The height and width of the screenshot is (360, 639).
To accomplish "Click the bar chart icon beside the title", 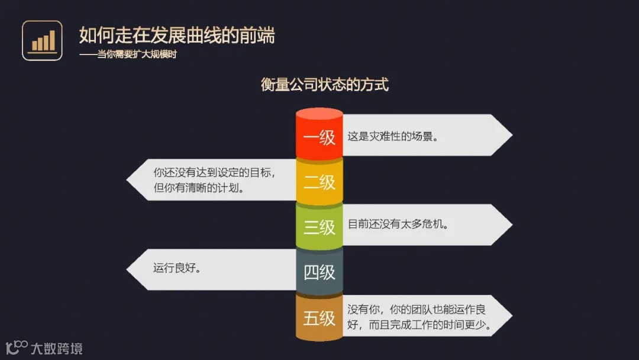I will [x=42, y=40].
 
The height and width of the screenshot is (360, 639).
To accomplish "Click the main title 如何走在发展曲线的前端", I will [x=177, y=35].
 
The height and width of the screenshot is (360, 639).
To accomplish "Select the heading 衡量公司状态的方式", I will [x=324, y=84].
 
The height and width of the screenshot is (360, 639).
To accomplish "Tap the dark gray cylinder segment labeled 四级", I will [x=319, y=272].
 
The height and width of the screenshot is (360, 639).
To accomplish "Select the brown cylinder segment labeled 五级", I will [x=319, y=319].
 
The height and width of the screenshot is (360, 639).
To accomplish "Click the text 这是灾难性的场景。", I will [x=393, y=136].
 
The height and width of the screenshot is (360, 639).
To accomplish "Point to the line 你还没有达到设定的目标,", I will [x=215, y=173].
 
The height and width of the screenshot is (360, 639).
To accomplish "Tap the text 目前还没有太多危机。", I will [x=398, y=224].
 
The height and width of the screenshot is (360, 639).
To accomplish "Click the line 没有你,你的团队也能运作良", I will [x=417, y=310].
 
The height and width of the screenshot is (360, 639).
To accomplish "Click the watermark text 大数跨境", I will [x=57, y=348].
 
